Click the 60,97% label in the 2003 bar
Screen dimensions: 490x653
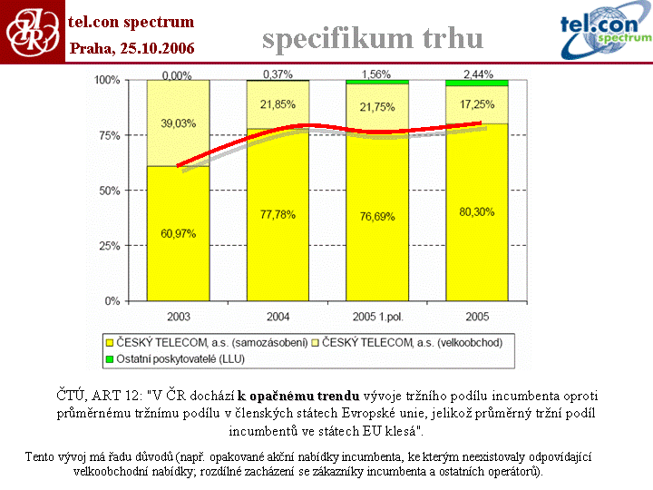point(179,234)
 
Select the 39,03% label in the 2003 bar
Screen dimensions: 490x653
point(179,122)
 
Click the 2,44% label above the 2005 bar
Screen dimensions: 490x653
point(477,73)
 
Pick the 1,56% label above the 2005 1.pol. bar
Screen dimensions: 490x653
point(376,73)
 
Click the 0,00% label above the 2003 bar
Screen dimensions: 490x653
point(178,73)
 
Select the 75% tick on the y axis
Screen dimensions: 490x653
point(107,135)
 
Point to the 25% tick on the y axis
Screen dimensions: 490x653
point(107,246)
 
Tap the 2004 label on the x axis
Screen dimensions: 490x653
point(278,317)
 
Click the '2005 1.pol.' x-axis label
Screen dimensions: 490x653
point(376,317)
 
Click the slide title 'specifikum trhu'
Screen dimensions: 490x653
point(373,38)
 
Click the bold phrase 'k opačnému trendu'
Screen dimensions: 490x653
point(298,396)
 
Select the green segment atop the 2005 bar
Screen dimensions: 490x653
point(477,83)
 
